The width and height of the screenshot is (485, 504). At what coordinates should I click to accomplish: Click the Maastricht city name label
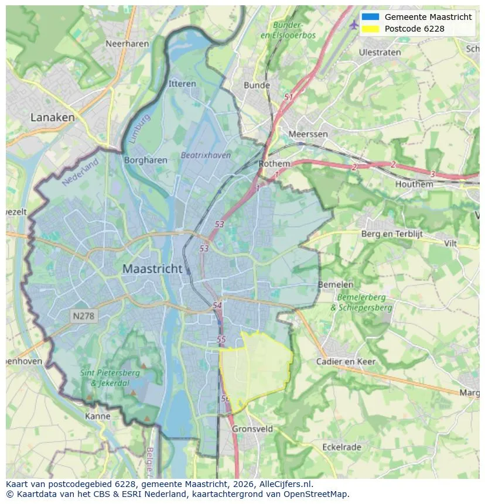point(152,269)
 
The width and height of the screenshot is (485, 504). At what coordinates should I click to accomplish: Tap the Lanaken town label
point(53,118)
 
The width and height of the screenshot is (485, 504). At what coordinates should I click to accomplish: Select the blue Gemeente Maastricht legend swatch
point(370,17)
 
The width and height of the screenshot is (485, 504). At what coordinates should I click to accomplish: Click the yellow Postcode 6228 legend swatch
point(370,29)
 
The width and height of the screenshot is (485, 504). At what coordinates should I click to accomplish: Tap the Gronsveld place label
point(252,429)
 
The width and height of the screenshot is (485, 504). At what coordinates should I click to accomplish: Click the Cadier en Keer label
point(346,362)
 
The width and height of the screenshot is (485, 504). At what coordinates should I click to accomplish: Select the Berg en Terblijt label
point(391,234)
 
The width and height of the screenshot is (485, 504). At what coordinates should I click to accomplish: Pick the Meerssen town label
point(308,134)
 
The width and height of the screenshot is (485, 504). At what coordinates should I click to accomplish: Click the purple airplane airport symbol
point(353,25)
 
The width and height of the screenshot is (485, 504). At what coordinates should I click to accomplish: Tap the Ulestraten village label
point(380,52)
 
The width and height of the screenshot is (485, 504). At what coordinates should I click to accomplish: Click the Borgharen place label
point(146,160)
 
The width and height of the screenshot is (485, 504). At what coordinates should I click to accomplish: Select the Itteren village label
point(182,84)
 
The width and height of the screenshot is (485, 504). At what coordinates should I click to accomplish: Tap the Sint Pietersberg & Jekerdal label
point(110,378)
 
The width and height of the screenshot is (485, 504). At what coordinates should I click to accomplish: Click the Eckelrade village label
point(342,447)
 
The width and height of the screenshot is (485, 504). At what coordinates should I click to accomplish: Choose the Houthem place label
point(414,184)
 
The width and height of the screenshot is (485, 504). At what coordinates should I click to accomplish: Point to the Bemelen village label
point(336,284)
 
